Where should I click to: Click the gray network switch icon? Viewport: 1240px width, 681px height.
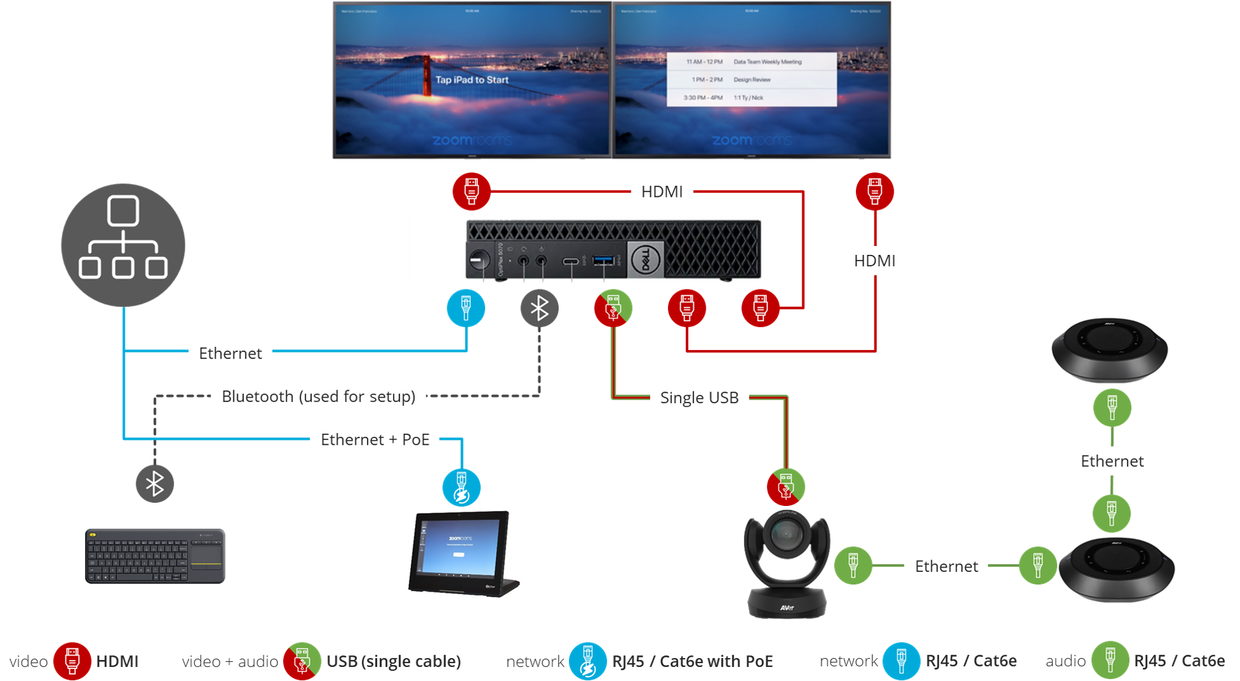coord(123,245)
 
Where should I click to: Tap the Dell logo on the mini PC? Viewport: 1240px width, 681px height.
coord(645,259)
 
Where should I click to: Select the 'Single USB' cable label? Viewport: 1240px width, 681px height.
coord(699,398)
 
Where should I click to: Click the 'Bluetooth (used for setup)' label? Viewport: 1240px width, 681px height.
coord(318,397)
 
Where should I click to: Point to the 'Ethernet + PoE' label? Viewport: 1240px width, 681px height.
coord(375,440)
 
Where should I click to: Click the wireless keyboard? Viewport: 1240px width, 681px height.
coord(155,556)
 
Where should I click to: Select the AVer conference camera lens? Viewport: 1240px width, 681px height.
coord(786,533)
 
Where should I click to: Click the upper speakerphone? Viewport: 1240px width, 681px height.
coord(1109,349)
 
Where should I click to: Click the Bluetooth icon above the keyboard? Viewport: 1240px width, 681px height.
coord(155,484)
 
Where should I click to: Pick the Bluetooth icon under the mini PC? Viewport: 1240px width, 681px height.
coord(539,308)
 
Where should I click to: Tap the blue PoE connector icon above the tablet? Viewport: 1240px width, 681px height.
coord(461,487)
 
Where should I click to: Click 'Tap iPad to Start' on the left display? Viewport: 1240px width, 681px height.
coord(472,80)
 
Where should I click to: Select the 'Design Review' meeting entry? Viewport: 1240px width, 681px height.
coord(752,80)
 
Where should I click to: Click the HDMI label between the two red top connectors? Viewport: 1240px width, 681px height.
coord(662,192)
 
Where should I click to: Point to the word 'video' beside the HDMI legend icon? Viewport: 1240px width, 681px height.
coord(28,662)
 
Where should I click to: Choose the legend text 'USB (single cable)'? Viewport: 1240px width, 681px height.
coord(394,662)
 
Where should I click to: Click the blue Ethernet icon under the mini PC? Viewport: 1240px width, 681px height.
coord(466,308)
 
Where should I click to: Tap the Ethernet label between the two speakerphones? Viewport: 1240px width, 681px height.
coord(1112,461)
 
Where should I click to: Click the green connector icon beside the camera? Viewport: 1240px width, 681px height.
coord(853,565)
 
